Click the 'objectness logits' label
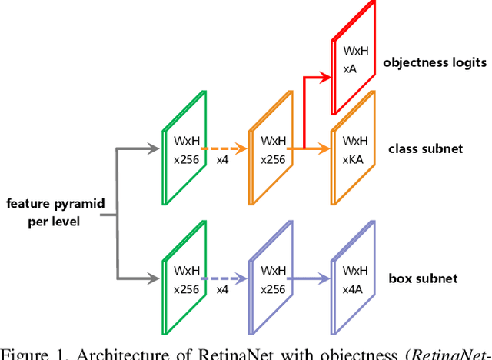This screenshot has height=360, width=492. pos(435,62)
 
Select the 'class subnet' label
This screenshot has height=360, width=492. pos(425,148)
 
